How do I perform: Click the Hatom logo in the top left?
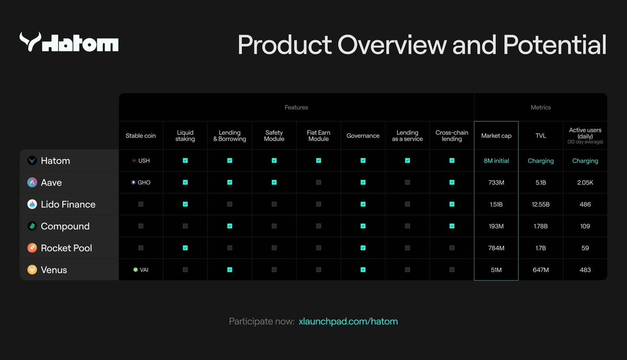click(69, 42)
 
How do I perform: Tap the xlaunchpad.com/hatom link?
click(348, 321)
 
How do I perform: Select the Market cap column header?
click(496, 136)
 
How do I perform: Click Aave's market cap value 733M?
click(496, 182)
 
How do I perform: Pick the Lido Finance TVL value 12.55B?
click(540, 204)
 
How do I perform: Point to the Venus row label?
click(54, 270)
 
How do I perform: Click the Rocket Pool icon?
click(32, 248)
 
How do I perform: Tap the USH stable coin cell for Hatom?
click(141, 160)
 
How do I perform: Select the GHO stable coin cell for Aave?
click(141, 182)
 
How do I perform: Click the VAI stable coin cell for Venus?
click(141, 270)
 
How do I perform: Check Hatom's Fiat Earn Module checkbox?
click(319, 160)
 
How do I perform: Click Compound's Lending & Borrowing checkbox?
click(230, 226)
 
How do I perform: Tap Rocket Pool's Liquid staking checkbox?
click(185, 248)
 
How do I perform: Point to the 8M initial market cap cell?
click(496, 161)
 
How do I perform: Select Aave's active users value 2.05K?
click(585, 182)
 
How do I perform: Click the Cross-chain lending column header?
click(452, 136)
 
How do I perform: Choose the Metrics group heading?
click(541, 107)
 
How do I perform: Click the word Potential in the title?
click(554, 45)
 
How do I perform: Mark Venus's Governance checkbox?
click(363, 270)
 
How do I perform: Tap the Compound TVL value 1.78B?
click(540, 226)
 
